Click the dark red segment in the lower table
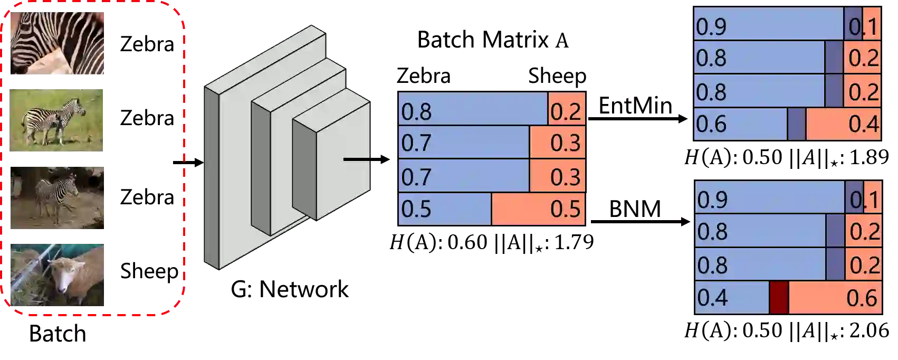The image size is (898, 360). point(779,298)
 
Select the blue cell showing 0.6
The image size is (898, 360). point(740,125)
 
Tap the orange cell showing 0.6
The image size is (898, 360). point(835,298)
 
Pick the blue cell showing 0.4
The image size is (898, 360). point(731,298)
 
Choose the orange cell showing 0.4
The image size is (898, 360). point(843,125)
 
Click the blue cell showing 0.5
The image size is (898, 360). point(444,210)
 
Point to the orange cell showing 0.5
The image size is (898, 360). point(538,210)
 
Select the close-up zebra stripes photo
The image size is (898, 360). point(57,42)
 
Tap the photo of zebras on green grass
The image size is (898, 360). point(57,120)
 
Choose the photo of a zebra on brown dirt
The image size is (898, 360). point(57,198)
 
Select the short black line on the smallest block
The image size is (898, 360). point(357,159)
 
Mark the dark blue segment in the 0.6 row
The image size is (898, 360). point(797,125)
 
